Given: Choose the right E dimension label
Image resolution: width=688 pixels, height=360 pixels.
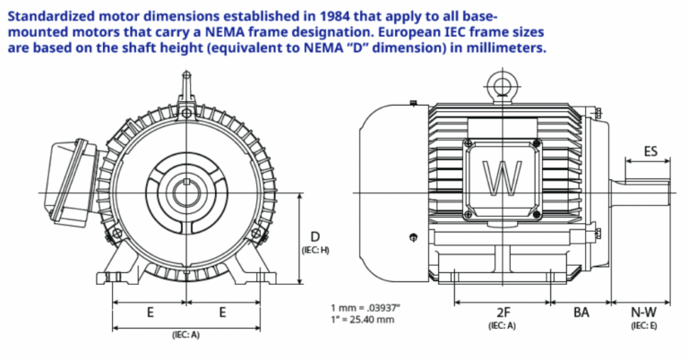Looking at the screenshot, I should pyautogui.click(x=221, y=313).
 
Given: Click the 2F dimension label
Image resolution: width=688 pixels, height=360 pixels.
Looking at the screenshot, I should pyautogui.click(x=503, y=313).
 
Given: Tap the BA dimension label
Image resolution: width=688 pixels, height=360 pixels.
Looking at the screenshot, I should pyautogui.click(x=581, y=313).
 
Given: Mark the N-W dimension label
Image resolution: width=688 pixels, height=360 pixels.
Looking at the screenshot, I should pyautogui.click(x=643, y=313).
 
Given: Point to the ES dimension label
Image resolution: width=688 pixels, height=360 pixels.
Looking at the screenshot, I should pyautogui.click(x=650, y=151).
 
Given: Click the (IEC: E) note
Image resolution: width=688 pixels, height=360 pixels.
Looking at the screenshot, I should pyautogui.click(x=643, y=326).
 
